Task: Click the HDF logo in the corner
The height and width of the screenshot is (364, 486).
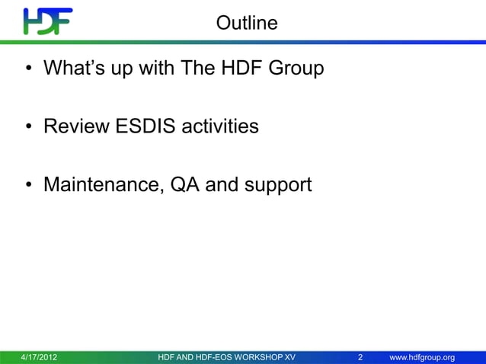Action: coord(47,21)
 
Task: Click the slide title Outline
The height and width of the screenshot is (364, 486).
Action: coord(247,23)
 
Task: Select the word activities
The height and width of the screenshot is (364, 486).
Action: coord(219,126)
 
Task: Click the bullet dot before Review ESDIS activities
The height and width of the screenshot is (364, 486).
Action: coord(28,126)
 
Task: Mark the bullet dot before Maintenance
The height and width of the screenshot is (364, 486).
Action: coord(28,185)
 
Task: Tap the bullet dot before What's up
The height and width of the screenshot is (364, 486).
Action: coord(28,69)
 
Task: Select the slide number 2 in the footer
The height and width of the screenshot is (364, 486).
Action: coord(360,357)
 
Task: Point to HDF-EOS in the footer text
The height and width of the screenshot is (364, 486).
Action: coord(208,357)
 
